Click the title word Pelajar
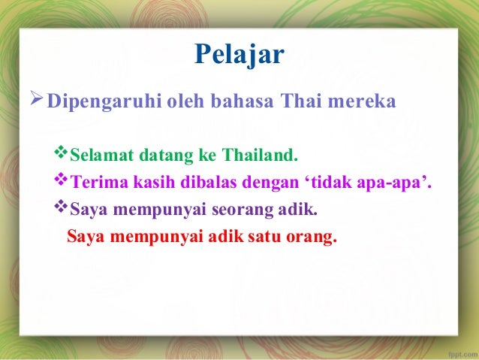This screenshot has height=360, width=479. (x=239, y=55)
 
